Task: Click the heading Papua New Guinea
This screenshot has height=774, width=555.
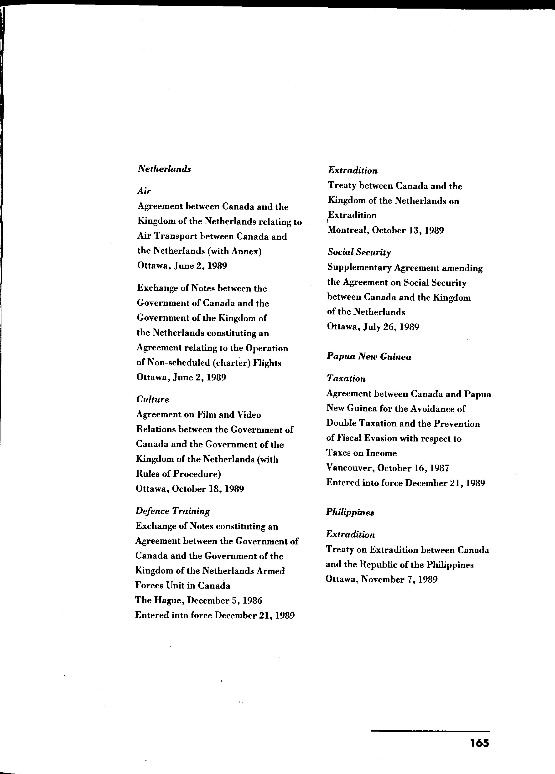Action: tap(369, 357)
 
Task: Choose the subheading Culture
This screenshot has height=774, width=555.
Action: tap(153, 399)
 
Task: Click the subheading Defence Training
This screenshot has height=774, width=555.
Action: tap(173, 511)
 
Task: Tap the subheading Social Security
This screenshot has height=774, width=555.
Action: tap(359, 252)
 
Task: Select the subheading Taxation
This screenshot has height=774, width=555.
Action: tap(346, 379)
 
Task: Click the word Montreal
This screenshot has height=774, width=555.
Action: tap(348, 230)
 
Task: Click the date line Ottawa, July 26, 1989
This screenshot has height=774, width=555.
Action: tap(373, 327)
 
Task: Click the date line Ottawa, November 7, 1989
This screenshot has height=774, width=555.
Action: tap(382, 579)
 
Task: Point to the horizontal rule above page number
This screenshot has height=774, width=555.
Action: tap(430, 731)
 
